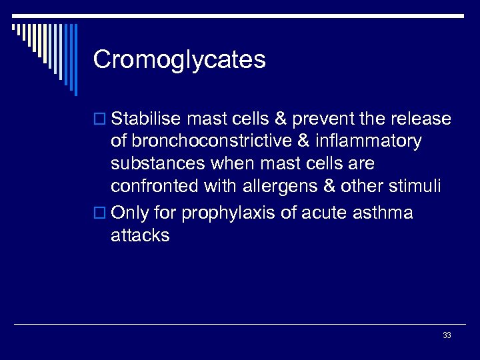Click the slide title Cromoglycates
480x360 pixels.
[x=179, y=60]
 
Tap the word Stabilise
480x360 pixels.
[x=146, y=119]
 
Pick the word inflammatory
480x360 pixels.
[x=367, y=141]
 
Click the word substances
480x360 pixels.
[x=158, y=163]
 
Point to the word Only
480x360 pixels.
[x=131, y=213]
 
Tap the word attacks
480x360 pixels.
[x=140, y=235]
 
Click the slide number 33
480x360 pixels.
[x=447, y=335]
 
